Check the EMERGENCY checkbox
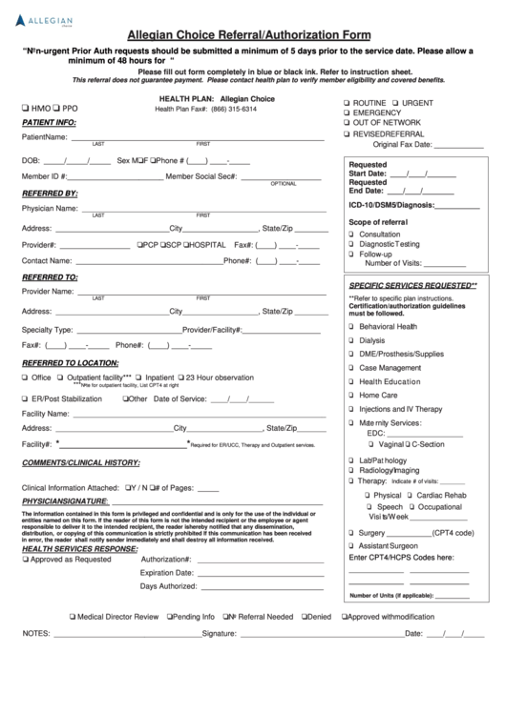coord(347,112)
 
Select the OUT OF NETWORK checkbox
coord(347,123)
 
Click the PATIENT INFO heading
coord(49,123)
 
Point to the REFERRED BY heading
coord(50,193)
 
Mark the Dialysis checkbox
coord(352,339)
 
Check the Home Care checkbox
coord(352,394)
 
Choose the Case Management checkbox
coord(352,367)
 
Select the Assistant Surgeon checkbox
coord(352,545)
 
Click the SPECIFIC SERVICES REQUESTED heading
coord(411,285)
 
